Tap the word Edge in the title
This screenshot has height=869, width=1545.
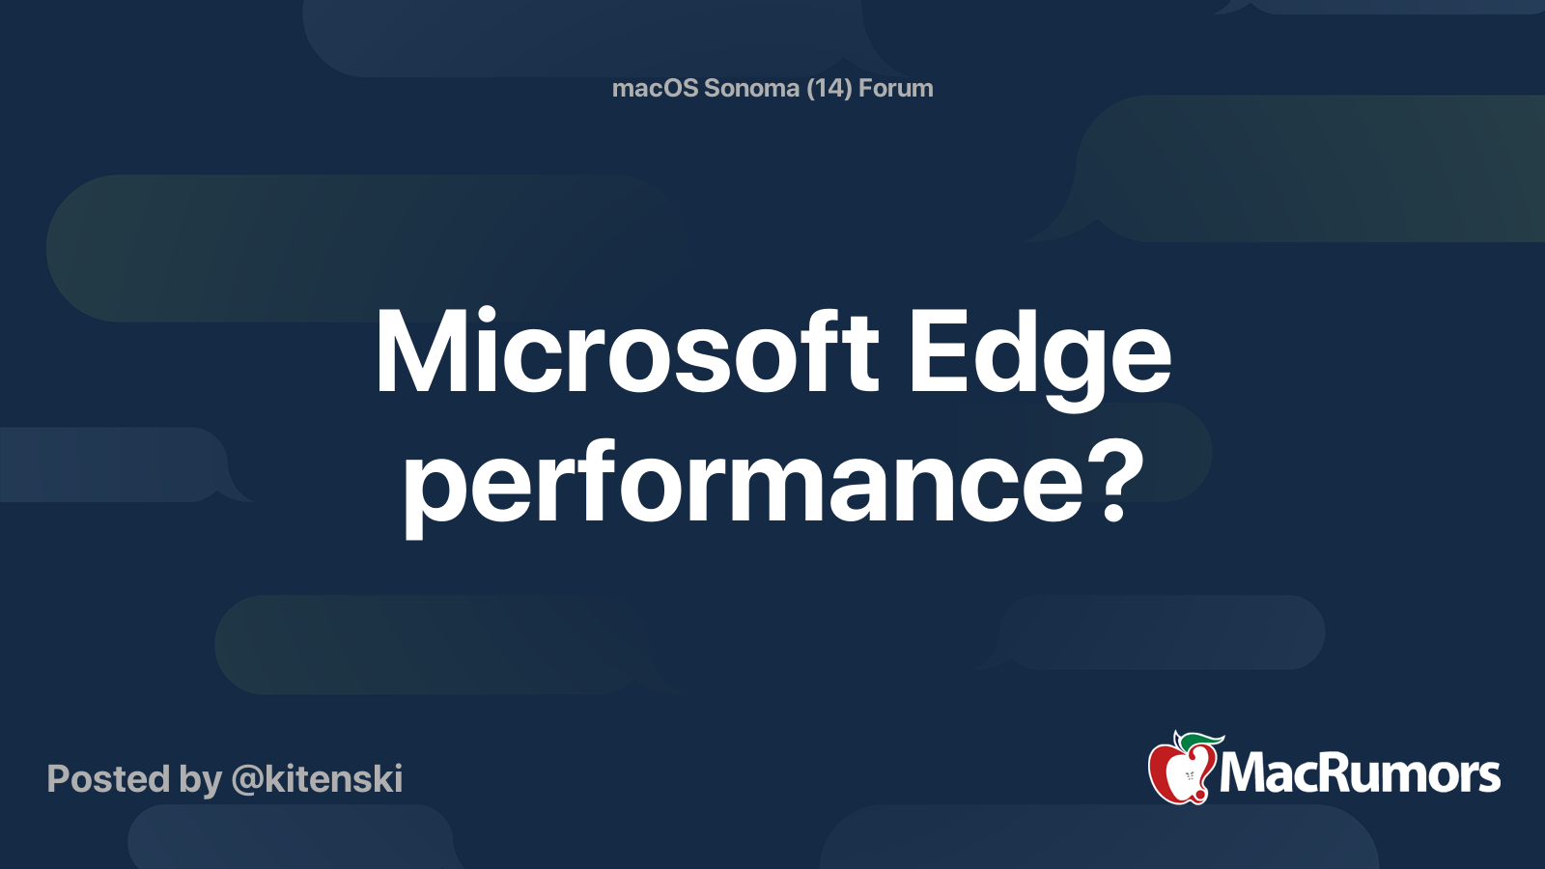pyautogui.click(x=1040, y=352)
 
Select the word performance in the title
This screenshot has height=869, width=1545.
pyautogui.click(x=744, y=483)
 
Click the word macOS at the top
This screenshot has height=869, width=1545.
pyautogui.click(x=656, y=88)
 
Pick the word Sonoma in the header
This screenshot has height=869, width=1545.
pyautogui.click(x=751, y=88)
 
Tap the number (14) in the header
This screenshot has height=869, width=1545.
pyautogui.click(x=829, y=88)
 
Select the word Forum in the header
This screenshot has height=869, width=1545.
pyautogui.click(x=895, y=88)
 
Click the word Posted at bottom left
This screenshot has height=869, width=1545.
pyautogui.click(x=108, y=778)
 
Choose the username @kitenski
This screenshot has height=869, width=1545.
pyautogui.click(x=317, y=778)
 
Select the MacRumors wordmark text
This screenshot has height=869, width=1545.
pyautogui.click(x=1360, y=773)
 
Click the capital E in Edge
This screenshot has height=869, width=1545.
pyautogui.click(x=938, y=352)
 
